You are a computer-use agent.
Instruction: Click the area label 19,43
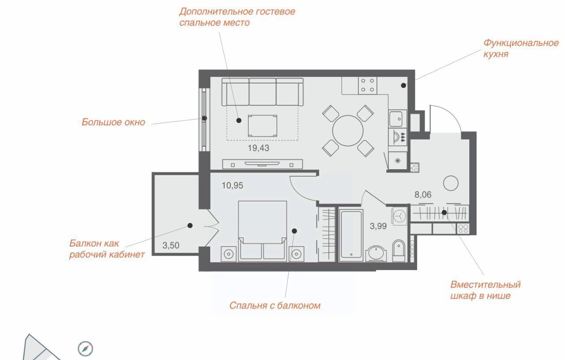pyautogui.click(x=259, y=148)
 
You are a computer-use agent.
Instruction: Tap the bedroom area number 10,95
pyautogui.click(x=232, y=186)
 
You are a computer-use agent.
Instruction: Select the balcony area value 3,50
pyautogui.click(x=171, y=246)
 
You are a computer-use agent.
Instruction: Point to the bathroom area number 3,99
pyautogui.click(x=378, y=226)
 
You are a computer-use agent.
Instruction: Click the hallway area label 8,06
pyautogui.click(x=423, y=195)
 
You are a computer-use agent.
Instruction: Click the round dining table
pyautogui.click(x=348, y=131)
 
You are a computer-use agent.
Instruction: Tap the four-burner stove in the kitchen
pyautogui.click(x=368, y=85)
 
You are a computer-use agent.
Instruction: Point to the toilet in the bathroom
pyautogui.click(x=399, y=251)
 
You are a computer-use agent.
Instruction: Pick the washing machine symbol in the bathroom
pyautogui.click(x=399, y=216)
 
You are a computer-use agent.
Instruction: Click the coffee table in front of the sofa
pyautogui.click(x=262, y=126)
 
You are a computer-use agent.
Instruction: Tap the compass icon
pyautogui.click(x=85, y=349)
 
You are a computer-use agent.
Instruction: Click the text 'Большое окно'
pyautogui.click(x=113, y=122)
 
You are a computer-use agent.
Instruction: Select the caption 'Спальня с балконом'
pyautogui.click(x=275, y=306)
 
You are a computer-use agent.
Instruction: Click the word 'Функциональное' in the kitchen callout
pyautogui.click(x=521, y=43)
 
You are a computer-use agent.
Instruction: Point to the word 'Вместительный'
pyautogui.click(x=486, y=284)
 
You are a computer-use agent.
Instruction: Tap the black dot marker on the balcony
pyautogui.click(x=190, y=225)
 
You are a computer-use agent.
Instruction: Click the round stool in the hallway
pyautogui.click(x=451, y=183)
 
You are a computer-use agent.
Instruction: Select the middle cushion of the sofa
pyautogui.click(x=262, y=91)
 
